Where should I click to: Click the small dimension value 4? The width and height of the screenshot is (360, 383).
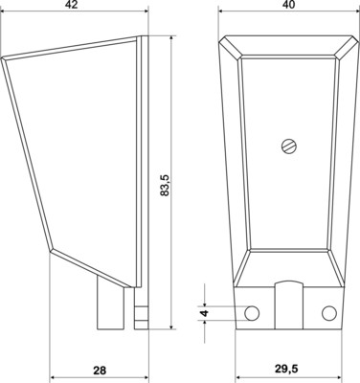pyautogui.click(x=203, y=313)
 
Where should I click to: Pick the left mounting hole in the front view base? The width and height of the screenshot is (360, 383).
pyautogui.click(x=251, y=313)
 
